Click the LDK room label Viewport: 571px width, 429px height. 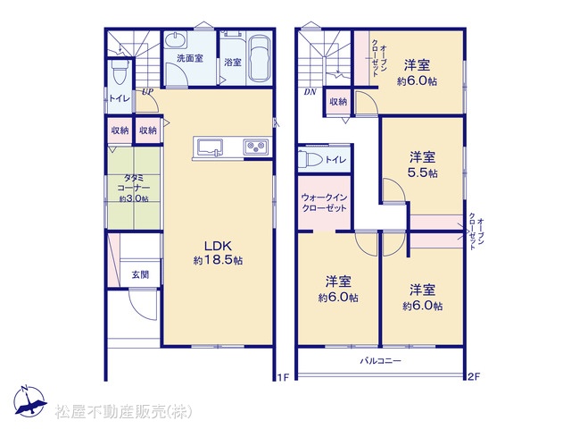tap(218, 245)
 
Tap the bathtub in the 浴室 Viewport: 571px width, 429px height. tap(260, 58)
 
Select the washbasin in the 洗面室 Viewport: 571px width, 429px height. tap(175, 39)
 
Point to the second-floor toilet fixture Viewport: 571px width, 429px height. tap(310, 159)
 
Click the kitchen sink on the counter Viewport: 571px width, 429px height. tap(211, 148)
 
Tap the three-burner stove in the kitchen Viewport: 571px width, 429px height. tap(256, 147)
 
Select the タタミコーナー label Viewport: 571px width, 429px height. tap(134, 182)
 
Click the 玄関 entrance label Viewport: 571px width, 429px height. tap(140, 274)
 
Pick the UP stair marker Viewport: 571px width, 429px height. tap(147, 91)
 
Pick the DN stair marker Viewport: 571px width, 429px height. tap(310, 92)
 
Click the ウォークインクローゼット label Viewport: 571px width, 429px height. tap(324, 203)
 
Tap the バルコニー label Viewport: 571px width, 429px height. tap(381, 361)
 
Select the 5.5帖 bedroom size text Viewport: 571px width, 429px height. tap(422, 172)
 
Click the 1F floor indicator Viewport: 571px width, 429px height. tap(284, 377)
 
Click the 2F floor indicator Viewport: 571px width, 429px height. tap(474, 377)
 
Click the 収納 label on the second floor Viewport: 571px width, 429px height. tap(338, 101)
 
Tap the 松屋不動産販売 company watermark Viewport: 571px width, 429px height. tap(123, 411)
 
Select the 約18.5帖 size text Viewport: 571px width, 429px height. tap(218, 260)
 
